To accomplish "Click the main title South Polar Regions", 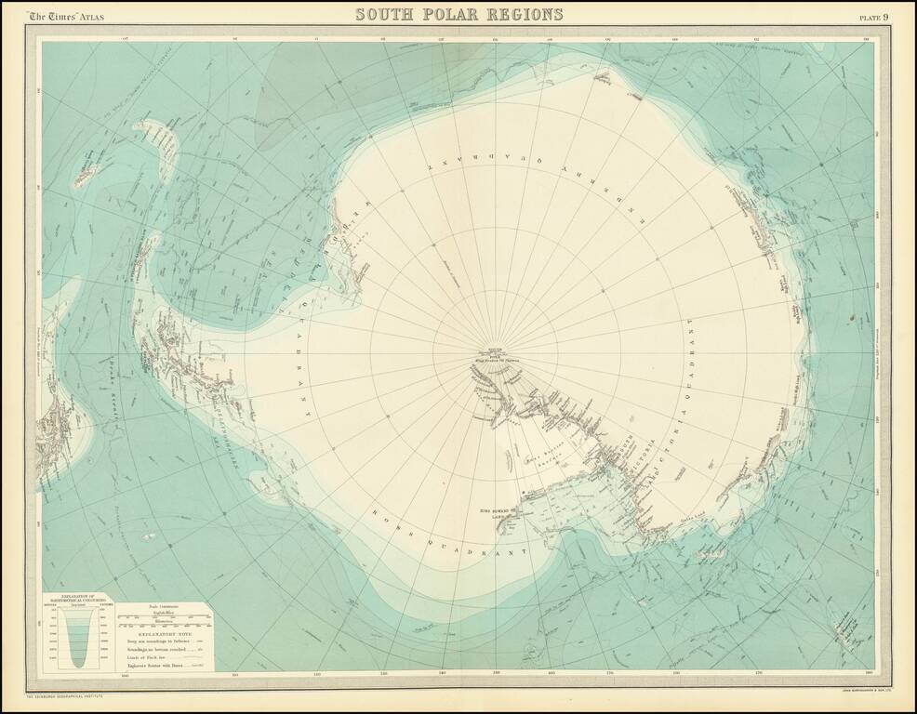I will click(x=459, y=14).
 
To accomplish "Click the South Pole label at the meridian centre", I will click(x=487, y=350).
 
